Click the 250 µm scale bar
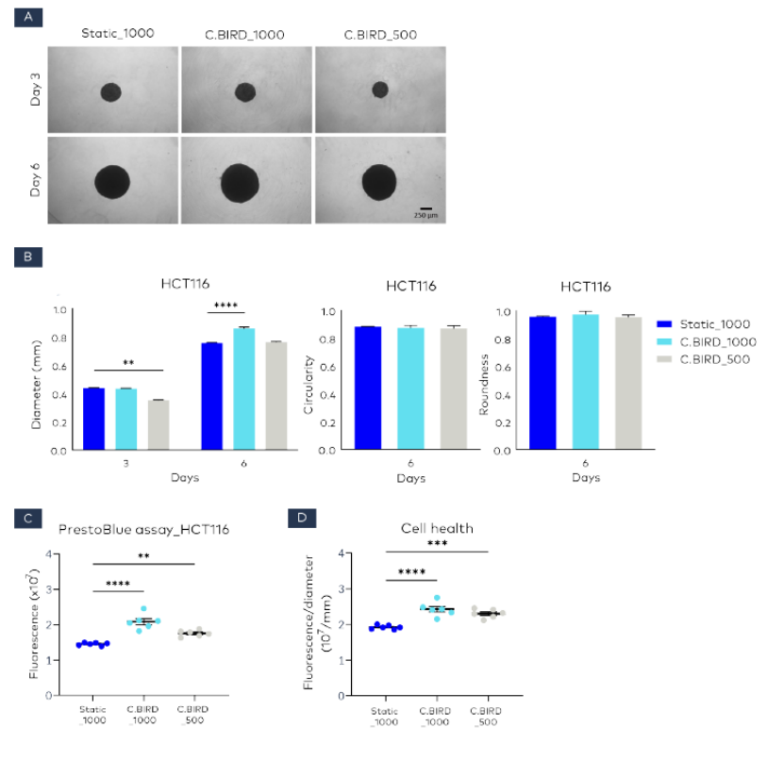tap(426, 208)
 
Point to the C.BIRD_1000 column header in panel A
tap(245, 36)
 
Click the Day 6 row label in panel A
tap(35, 179)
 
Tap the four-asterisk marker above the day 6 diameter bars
tap(225, 305)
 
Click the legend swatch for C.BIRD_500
tap(665, 360)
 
